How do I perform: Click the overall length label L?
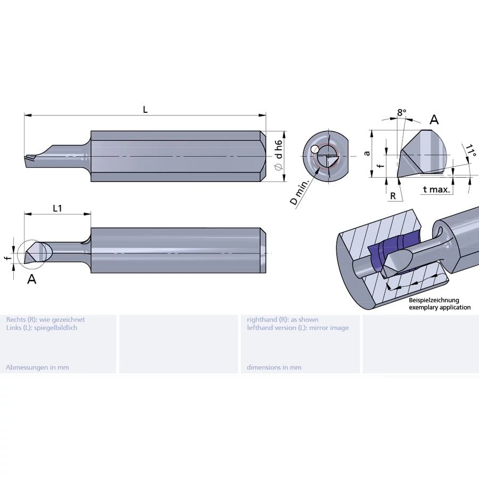pos(145,110)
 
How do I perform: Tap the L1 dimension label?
pos(57,209)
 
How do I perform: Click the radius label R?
pos(393,196)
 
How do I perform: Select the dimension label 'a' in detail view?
pos(366,153)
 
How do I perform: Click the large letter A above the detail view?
pos(434,120)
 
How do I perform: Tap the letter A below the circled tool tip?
pos(32,279)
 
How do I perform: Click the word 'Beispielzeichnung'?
pos(434,300)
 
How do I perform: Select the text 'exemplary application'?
pos(440,307)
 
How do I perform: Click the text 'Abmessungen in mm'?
pos(37,367)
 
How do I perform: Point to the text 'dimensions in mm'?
pos(274,367)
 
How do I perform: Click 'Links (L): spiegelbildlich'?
pos(42,327)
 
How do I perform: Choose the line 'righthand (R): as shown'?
pos(283,319)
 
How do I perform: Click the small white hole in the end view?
pos(316,149)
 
